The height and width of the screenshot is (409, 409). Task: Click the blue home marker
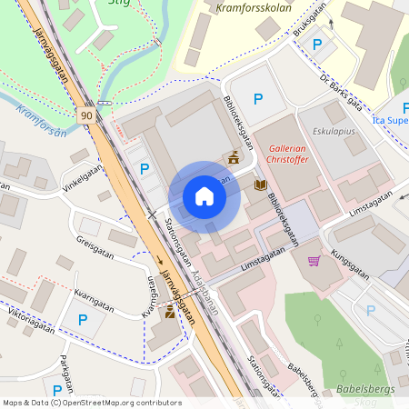pos(204,196)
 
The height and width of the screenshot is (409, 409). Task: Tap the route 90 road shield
pos(85,115)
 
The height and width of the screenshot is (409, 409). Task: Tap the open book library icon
pos(261,185)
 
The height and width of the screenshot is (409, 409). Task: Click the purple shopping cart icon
pos(314,262)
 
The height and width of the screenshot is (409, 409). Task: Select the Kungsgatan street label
pos(349,264)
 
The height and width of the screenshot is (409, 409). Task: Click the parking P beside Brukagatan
pos(317,45)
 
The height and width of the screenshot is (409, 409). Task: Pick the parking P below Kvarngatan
pos(83,319)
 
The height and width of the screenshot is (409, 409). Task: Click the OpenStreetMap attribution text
pos(92,403)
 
